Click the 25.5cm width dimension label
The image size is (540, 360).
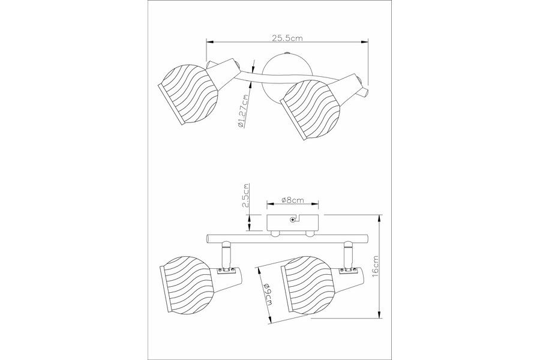tap(287, 38)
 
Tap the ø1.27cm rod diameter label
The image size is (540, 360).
tap(242, 110)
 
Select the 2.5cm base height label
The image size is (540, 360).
tap(245, 196)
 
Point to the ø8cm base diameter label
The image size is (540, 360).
tap(292, 199)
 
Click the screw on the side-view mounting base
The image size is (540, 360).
tap(292, 219)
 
